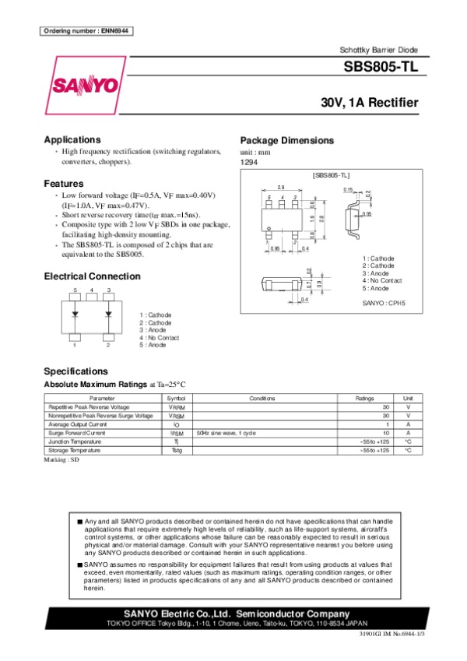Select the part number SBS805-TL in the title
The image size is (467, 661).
click(381, 68)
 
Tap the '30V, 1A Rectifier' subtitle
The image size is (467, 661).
click(370, 103)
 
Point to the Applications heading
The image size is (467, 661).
click(72, 139)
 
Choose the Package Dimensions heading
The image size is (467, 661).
click(286, 141)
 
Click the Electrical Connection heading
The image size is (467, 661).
click(92, 276)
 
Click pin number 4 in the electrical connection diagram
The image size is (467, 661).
click(92, 290)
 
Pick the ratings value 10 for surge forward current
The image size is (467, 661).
click(384, 433)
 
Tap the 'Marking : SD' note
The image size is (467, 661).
click(62, 460)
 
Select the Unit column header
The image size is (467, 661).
click(407, 398)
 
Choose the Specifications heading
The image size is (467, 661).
click(75, 371)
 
